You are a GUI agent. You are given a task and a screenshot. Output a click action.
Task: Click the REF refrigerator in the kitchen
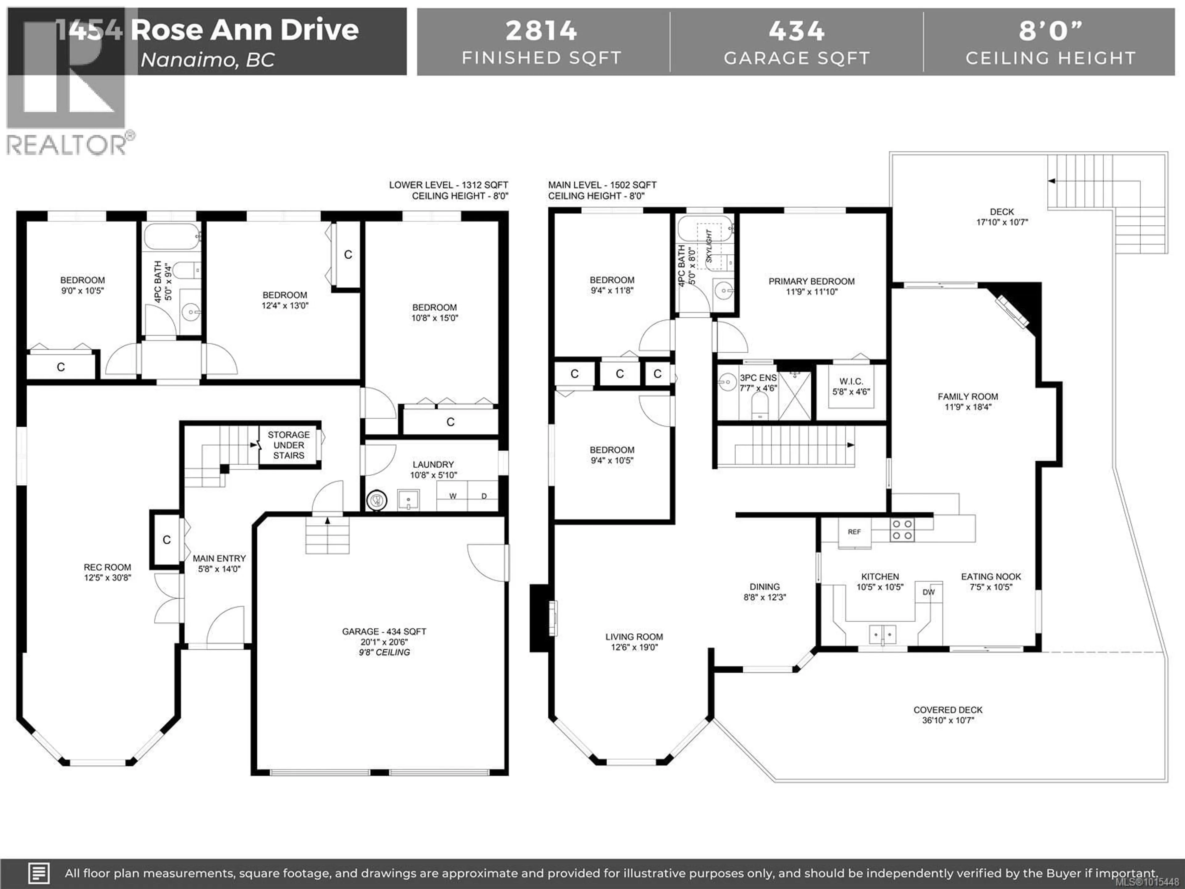[x=854, y=532]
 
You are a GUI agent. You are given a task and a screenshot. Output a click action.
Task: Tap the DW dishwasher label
[x=928, y=592]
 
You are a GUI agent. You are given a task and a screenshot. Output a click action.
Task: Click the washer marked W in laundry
[x=453, y=496]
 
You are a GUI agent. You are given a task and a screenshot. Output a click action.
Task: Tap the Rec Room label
[x=107, y=567]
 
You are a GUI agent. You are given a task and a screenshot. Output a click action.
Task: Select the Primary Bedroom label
[x=812, y=281]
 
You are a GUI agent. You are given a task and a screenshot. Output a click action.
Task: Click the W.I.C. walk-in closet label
[x=851, y=382]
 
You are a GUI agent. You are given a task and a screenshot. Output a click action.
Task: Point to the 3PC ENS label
[x=758, y=378]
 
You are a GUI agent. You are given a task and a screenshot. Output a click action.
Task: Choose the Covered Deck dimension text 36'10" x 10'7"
[x=948, y=720]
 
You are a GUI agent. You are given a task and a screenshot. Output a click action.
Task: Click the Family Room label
[x=967, y=397]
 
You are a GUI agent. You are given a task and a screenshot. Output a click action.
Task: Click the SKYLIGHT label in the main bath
[x=709, y=247]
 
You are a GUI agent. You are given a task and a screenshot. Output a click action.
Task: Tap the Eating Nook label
[x=991, y=577]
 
